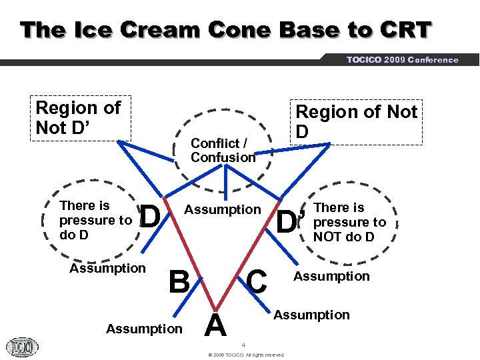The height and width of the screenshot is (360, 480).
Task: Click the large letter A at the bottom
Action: tap(215, 326)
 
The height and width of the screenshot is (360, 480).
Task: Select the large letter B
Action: tap(178, 282)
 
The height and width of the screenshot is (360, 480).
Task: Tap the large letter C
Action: tap(256, 281)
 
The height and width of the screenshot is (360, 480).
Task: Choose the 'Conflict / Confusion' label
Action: tap(223, 151)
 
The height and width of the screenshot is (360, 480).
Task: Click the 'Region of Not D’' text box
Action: tap(81, 118)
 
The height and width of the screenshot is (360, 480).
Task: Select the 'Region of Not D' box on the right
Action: tap(356, 121)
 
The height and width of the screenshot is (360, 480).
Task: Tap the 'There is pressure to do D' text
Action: tap(95, 220)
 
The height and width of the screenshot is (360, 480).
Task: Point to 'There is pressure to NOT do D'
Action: tap(349, 222)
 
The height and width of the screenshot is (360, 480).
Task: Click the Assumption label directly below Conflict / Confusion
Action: tap(223, 210)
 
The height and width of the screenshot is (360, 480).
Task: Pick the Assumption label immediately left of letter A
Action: tap(144, 329)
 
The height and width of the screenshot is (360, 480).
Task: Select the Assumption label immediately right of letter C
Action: tap(331, 276)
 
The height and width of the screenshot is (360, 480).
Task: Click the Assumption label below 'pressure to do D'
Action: tap(107, 268)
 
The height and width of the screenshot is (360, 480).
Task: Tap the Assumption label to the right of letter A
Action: tap(311, 315)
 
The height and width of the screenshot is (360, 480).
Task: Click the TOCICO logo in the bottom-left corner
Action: tap(22, 347)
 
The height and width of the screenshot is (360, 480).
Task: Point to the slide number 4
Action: tap(244, 345)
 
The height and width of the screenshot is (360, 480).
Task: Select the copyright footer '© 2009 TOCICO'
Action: tap(246, 355)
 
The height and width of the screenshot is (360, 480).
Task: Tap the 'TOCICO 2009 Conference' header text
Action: tap(402, 60)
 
